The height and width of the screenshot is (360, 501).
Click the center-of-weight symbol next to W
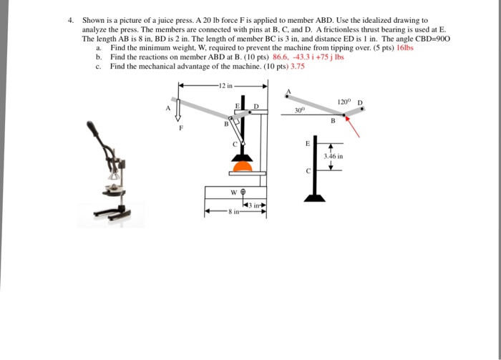click(243, 192)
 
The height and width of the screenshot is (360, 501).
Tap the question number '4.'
click(71, 21)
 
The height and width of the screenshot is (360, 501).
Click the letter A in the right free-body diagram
click(288, 91)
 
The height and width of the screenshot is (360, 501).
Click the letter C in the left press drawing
click(234, 145)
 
